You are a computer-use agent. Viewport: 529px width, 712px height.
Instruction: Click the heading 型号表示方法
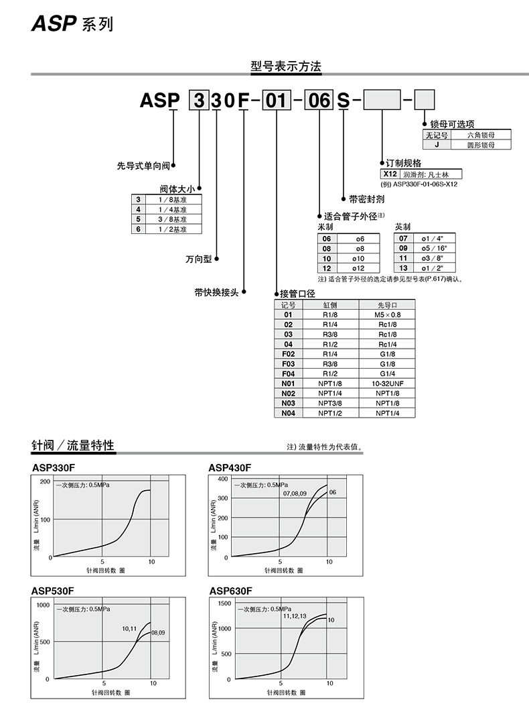(x=286, y=66)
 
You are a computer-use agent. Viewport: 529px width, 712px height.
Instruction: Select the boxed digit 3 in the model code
(x=198, y=101)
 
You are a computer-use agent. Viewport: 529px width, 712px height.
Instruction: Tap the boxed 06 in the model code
(x=319, y=101)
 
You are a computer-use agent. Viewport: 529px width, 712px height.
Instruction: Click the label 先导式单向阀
(x=143, y=165)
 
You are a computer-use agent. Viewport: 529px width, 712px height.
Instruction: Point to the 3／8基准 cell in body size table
(x=172, y=219)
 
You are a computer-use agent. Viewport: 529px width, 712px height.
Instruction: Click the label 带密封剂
(x=366, y=199)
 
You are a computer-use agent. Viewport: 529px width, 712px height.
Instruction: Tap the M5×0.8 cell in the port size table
(x=387, y=314)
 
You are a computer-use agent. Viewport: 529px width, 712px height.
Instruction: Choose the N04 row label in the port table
(x=288, y=414)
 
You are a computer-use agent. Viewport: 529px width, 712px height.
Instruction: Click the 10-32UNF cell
(x=387, y=383)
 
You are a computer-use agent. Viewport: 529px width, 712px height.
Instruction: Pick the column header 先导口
(x=387, y=304)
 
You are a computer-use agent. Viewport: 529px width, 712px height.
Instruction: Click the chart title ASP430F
(x=230, y=467)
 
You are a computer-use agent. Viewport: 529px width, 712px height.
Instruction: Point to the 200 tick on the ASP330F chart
(x=45, y=482)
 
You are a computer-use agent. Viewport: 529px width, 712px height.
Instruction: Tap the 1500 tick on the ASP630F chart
(x=224, y=603)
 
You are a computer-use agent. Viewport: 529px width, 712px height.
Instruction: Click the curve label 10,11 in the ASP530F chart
(x=129, y=629)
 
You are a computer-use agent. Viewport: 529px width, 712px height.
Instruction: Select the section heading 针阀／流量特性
(x=73, y=446)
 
